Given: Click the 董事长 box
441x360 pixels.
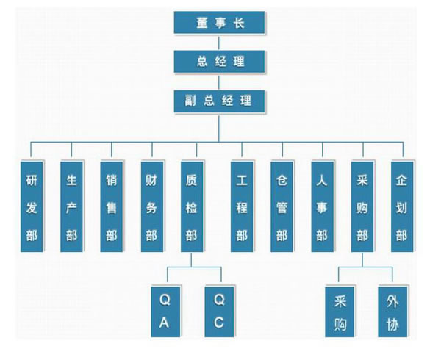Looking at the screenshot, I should (x=219, y=22).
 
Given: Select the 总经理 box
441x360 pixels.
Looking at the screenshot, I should (x=219, y=61).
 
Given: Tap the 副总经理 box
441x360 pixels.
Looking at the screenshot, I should (x=219, y=100).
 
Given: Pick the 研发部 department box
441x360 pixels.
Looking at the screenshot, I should (x=32, y=206).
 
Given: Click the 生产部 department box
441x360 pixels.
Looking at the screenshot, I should (x=71, y=206).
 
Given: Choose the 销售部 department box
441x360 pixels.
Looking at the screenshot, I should (x=111, y=206).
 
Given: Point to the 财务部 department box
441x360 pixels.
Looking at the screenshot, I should (x=151, y=206).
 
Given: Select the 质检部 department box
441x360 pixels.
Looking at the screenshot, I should (x=191, y=206).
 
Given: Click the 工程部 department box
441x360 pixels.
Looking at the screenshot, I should (x=242, y=206).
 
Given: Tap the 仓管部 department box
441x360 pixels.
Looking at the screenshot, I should (x=282, y=206).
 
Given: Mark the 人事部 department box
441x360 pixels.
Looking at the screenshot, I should (x=321, y=206).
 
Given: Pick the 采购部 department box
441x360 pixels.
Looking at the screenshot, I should (x=362, y=206).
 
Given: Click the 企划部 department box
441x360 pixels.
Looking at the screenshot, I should (x=401, y=206).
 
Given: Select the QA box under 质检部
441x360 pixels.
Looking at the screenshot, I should (x=165, y=311).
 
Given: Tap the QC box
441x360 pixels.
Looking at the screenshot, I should (x=219, y=311).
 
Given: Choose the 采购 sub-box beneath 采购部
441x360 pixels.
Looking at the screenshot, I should (x=340, y=311).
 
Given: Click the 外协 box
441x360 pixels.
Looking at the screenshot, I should (x=392, y=311).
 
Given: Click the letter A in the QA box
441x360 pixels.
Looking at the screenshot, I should (x=165, y=323).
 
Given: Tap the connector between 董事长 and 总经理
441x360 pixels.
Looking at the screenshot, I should (x=219, y=41).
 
